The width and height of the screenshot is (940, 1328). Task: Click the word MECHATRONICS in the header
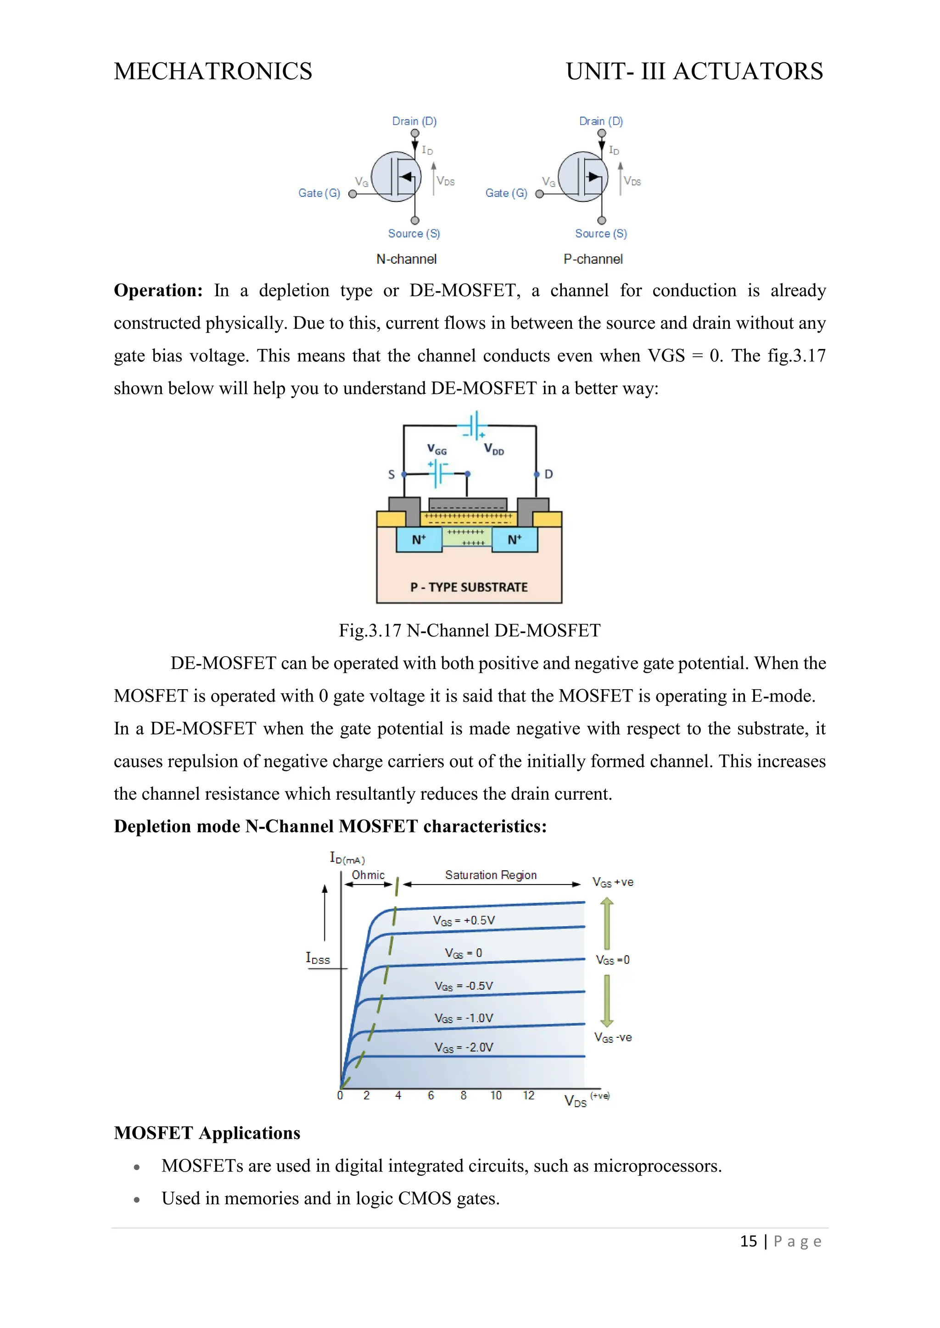pyautogui.click(x=213, y=72)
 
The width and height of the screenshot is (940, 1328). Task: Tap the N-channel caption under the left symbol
pyautogui.click(x=406, y=259)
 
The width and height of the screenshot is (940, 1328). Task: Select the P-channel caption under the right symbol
pyautogui.click(x=593, y=259)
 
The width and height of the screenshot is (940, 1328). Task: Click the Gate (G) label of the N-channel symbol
pyautogui.click(x=319, y=193)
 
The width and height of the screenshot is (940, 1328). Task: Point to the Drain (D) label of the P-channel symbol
pyautogui.click(x=601, y=122)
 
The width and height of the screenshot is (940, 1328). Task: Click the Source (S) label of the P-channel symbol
pyautogui.click(x=601, y=234)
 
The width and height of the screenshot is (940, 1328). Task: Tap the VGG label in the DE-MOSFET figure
pyautogui.click(x=436, y=449)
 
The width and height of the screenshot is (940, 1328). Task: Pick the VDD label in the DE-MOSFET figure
pyautogui.click(x=494, y=449)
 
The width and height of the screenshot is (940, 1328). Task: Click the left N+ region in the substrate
pyautogui.click(x=419, y=540)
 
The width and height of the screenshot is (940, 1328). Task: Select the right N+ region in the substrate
pyautogui.click(x=515, y=540)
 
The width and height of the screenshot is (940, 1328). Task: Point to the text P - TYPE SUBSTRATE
pyautogui.click(x=469, y=587)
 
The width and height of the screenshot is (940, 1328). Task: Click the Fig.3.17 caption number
pyautogui.click(x=370, y=631)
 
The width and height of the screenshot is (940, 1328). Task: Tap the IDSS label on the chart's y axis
pyautogui.click(x=318, y=958)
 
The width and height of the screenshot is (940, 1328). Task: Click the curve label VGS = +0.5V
pyautogui.click(x=464, y=920)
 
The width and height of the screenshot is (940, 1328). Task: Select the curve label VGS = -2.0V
pyautogui.click(x=464, y=1047)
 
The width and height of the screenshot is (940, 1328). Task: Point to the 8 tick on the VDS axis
pyautogui.click(x=464, y=1096)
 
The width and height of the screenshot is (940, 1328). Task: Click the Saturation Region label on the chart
pyautogui.click(x=491, y=875)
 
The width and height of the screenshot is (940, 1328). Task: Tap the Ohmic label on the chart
pyautogui.click(x=368, y=875)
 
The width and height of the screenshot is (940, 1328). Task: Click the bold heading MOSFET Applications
pyautogui.click(x=207, y=1133)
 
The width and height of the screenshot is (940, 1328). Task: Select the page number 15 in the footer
pyautogui.click(x=749, y=1241)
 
